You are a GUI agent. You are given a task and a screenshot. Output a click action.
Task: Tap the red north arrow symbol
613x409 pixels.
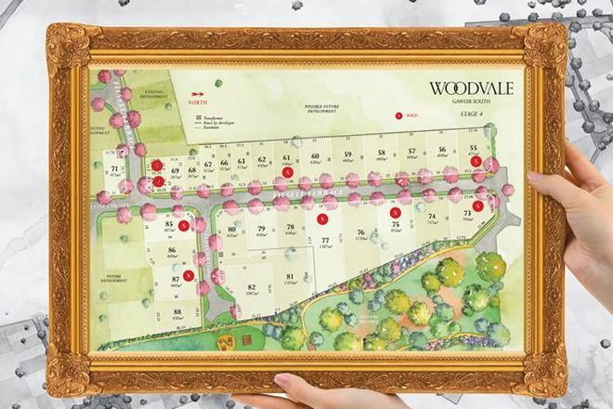point(198,94)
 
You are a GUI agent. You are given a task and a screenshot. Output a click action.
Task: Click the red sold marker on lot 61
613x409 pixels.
point(288,172)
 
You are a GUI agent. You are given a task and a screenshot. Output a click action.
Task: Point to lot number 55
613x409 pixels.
point(475,148)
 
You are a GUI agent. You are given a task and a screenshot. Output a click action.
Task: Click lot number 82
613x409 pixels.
point(251,288)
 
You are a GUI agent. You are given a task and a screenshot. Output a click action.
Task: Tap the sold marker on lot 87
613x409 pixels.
point(189,275)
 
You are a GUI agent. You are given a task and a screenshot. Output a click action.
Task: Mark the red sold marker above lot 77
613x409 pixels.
point(321,218)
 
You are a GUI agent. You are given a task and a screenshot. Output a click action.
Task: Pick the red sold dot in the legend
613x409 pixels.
point(399,116)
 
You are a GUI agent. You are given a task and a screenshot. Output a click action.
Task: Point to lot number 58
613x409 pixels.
point(381,152)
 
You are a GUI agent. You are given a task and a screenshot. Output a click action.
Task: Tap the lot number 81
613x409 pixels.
point(291,277)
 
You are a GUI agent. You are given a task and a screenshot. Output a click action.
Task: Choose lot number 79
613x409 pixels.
point(262,229)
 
